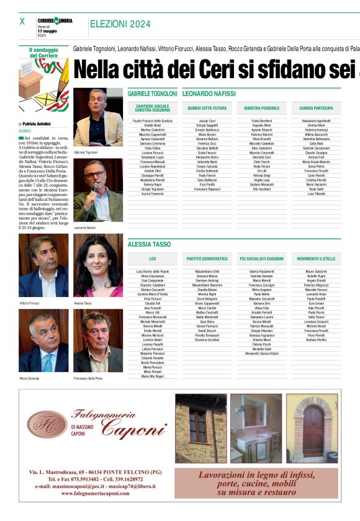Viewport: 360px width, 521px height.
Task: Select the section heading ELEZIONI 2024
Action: point(120,24)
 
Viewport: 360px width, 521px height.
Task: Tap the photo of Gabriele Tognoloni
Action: point(98,117)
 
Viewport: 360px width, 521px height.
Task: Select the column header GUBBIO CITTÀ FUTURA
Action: point(207,107)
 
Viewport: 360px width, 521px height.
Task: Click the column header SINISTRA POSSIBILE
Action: point(261,107)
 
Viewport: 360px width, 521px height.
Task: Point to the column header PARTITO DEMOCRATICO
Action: point(207,257)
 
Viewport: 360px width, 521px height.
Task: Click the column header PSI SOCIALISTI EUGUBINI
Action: point(261,257)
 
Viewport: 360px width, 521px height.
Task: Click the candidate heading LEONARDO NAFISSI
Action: point(209,94)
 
